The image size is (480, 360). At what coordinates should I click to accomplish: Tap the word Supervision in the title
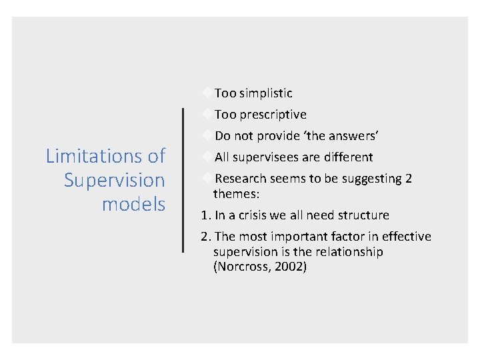[114, 180]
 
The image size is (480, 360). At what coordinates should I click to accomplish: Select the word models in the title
[133, 204]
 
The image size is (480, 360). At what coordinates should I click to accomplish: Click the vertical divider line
[183, 180]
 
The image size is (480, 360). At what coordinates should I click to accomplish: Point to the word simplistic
[265, 93]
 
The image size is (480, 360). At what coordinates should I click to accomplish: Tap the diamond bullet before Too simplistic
[208, 93]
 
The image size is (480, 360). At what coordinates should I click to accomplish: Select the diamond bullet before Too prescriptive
[208, 114]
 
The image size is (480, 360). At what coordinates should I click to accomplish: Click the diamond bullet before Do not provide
[208, 135]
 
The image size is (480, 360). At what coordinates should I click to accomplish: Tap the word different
[349, 157]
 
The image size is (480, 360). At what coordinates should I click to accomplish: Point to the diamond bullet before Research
[208, 178]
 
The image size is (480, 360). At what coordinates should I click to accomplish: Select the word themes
[236, 194]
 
